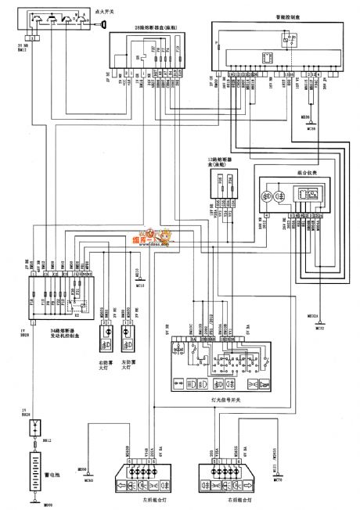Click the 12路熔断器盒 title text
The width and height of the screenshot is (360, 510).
pyautogui.click(x=213, y=163)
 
